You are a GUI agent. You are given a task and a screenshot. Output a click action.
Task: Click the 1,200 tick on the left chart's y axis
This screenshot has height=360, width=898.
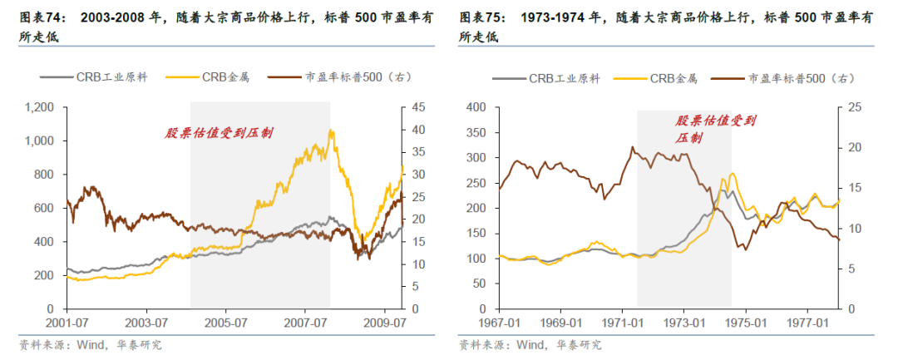click(x=38, y=107)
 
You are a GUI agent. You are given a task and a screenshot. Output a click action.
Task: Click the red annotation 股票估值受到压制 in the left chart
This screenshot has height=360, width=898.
click(x=218, y=133)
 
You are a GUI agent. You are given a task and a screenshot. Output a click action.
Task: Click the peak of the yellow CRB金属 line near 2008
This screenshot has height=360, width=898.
click(x=331, y=130)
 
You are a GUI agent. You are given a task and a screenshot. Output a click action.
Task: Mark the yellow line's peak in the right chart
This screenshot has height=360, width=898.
click(x=732, y=174)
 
